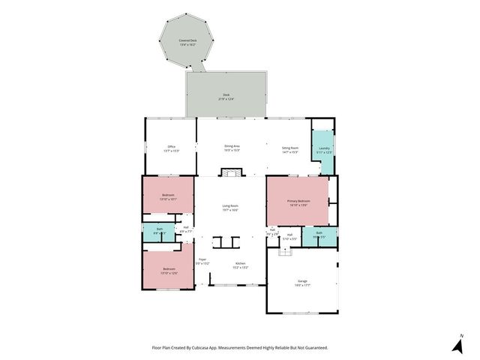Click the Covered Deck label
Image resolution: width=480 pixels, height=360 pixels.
click(187, 42)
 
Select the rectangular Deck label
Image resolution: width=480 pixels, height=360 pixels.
click(226, 97)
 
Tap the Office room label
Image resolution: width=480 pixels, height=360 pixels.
click(170, 148)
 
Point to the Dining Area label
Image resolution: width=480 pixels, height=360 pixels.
click(232, 148)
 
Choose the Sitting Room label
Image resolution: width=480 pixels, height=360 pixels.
click(289, 150)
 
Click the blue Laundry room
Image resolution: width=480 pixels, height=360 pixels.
click(324, 150)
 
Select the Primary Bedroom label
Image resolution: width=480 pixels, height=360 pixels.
click(298, 202)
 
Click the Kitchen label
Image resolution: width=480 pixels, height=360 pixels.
click(240, 265)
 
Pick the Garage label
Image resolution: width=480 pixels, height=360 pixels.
click(301, 283)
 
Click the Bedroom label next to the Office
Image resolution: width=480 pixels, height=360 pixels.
click(168, 197)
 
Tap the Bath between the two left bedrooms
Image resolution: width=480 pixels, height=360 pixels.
click(157, 232)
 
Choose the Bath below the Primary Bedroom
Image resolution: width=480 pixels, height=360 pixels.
click(319, 235)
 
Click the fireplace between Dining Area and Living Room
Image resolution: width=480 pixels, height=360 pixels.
click(232, 173)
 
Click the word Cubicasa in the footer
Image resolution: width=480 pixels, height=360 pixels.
click(202, 348)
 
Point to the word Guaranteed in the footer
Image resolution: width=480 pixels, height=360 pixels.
click(315, 348)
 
